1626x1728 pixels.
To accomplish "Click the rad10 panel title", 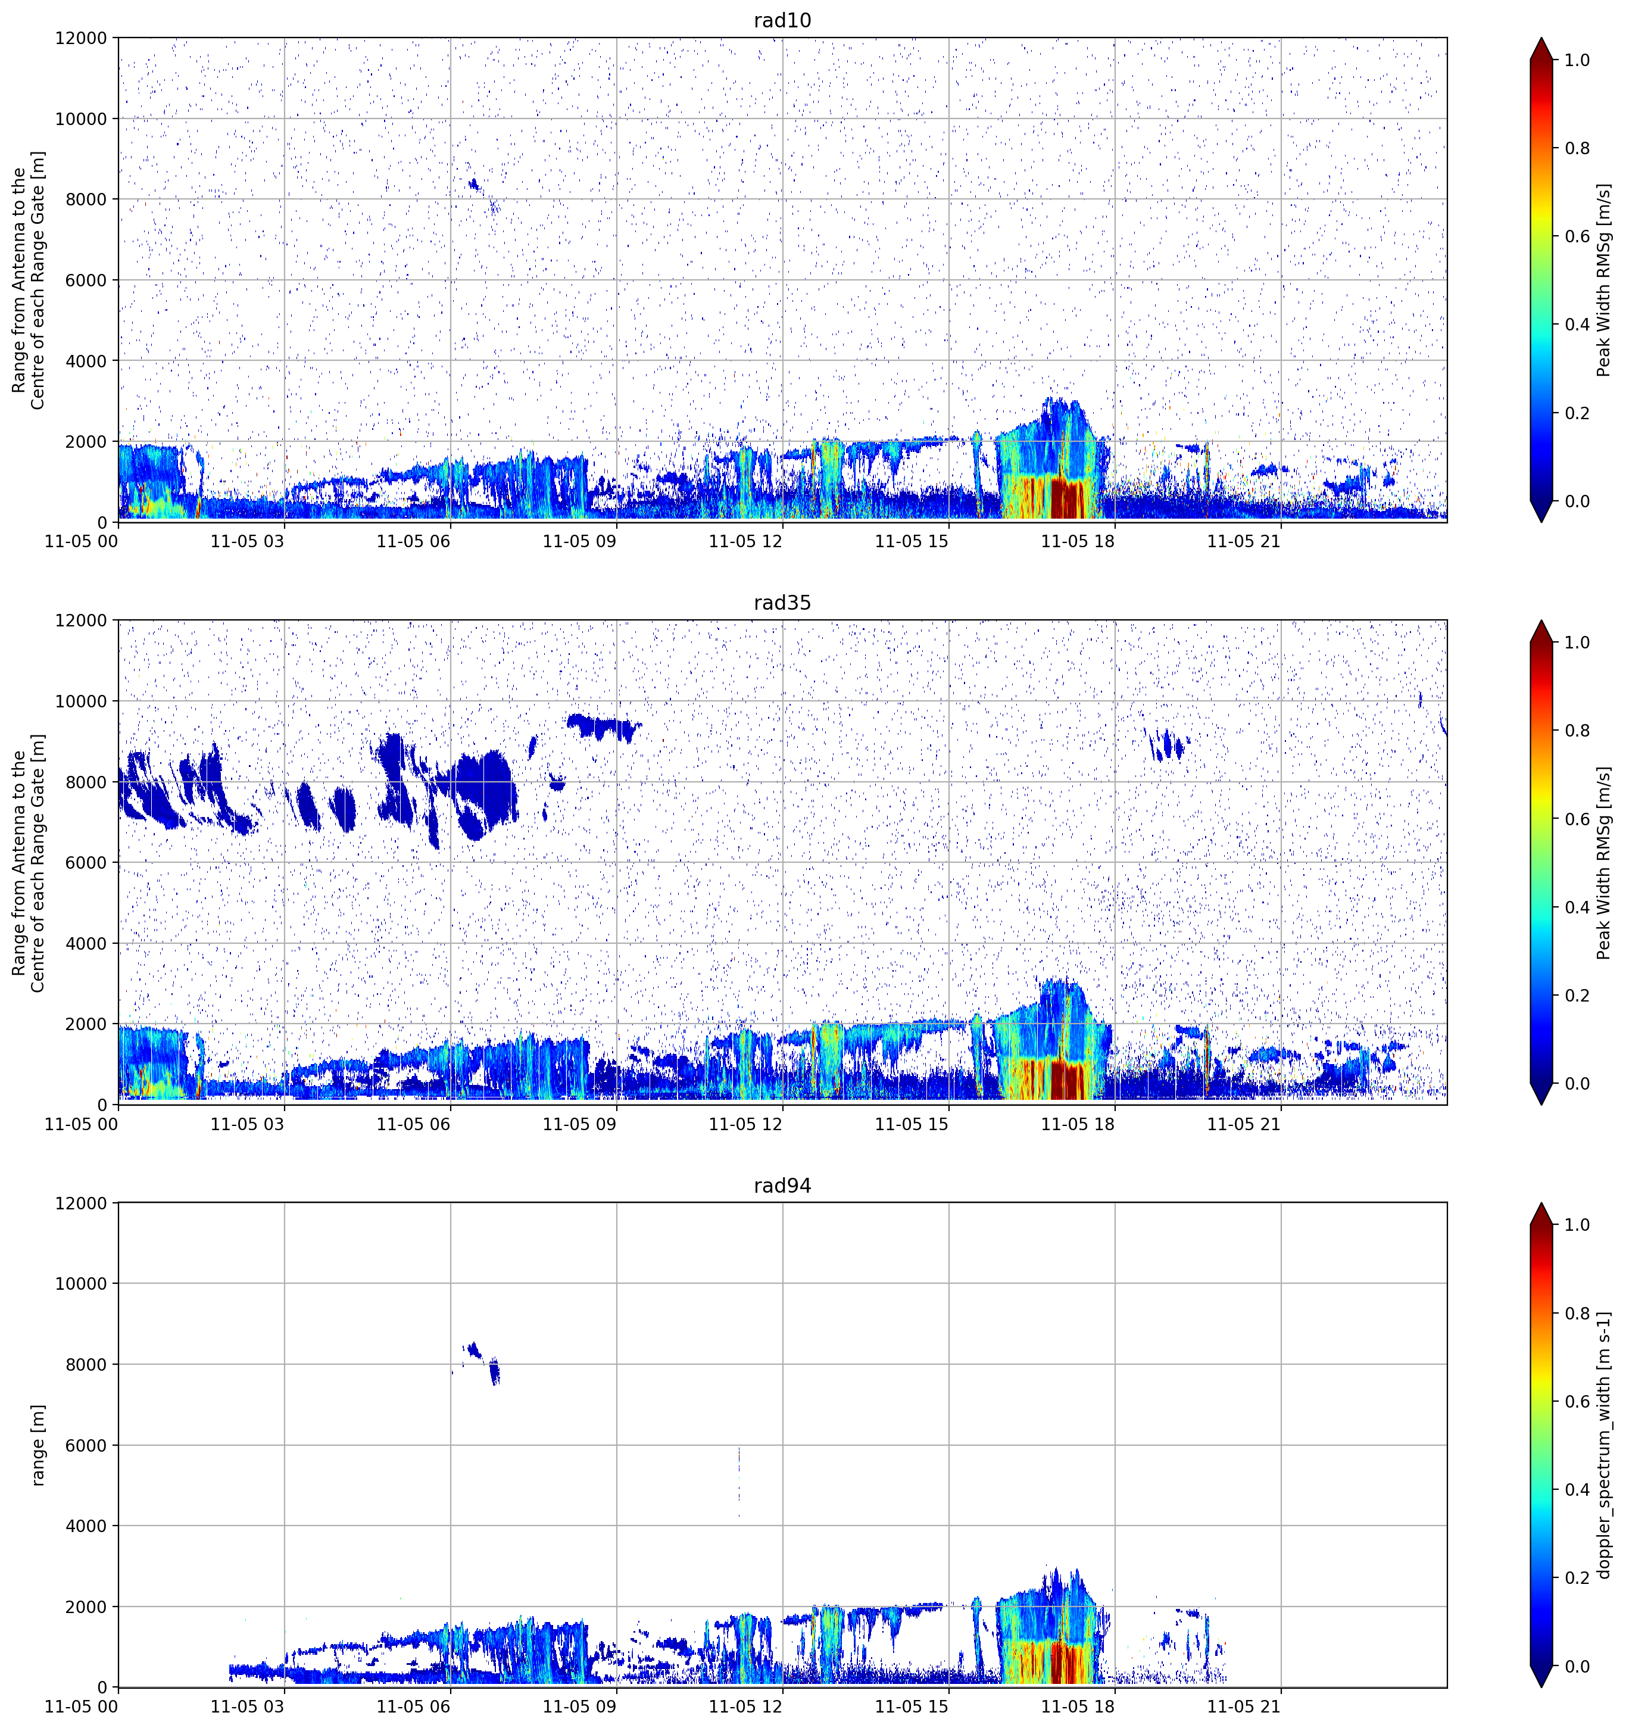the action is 782,20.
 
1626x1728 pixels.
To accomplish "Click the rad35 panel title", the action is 782,603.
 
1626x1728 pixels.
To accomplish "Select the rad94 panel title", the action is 782,1186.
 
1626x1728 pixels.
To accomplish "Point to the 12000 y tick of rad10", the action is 81,38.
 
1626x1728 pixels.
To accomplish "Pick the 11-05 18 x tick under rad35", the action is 1078,1124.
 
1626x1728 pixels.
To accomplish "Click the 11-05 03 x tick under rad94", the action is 248,1707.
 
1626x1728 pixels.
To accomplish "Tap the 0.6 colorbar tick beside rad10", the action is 1577,236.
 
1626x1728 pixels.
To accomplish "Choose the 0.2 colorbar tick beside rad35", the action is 1577,995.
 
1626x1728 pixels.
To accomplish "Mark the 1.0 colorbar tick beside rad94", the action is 1577,1225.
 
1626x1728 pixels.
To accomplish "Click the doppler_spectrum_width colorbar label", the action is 1605,1445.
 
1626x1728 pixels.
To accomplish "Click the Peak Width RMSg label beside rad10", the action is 1605,280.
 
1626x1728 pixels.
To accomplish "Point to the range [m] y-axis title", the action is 38,1445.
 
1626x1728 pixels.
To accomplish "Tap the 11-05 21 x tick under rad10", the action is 1244,541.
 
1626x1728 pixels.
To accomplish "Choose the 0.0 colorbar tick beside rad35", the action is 1577,1084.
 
